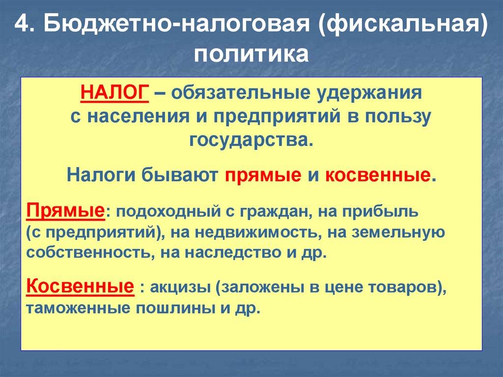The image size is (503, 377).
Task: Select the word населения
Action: pyautogui.click(x=130, y=116)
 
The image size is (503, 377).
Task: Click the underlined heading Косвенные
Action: pyautogui.click(x=80, y=286)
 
